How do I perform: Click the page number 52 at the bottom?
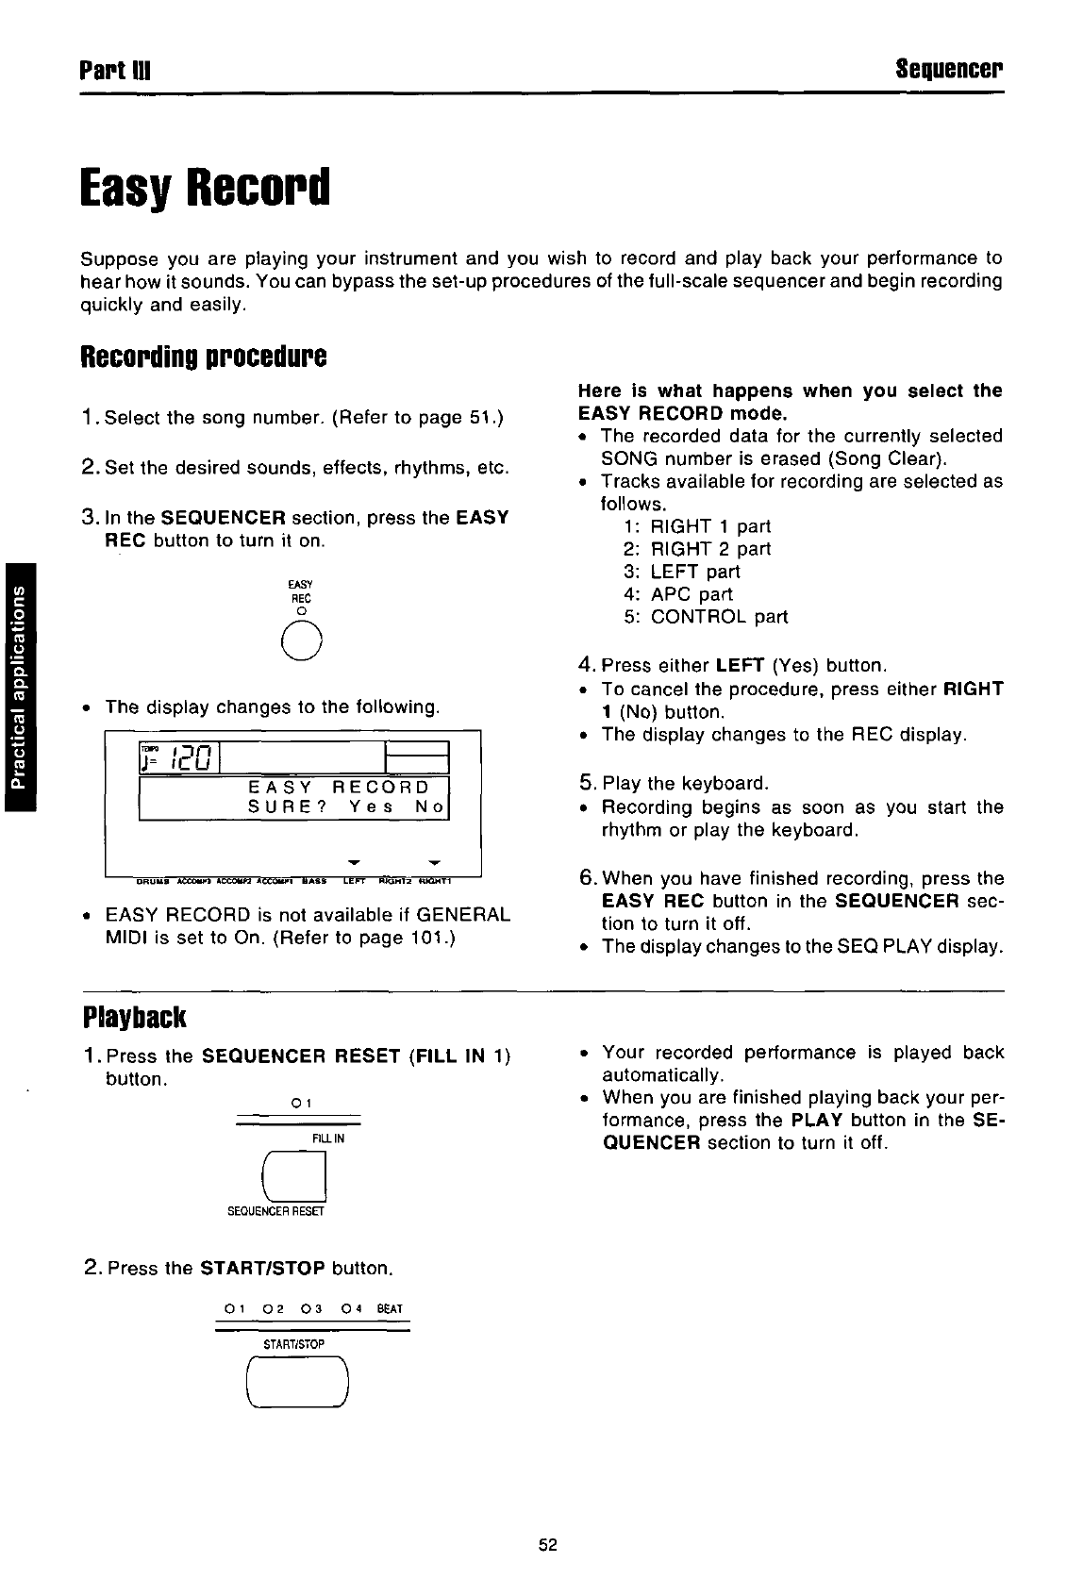tap(548, 1544)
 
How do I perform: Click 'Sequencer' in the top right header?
tap(949, 71)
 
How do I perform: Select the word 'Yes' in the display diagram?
tap(371, 808)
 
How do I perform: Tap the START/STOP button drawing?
tap(297, 1382)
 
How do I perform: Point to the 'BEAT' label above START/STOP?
tap(389, 1309)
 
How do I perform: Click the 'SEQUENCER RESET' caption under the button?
tap(275, 1212)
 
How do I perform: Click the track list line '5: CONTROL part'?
tap(705, 617)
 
